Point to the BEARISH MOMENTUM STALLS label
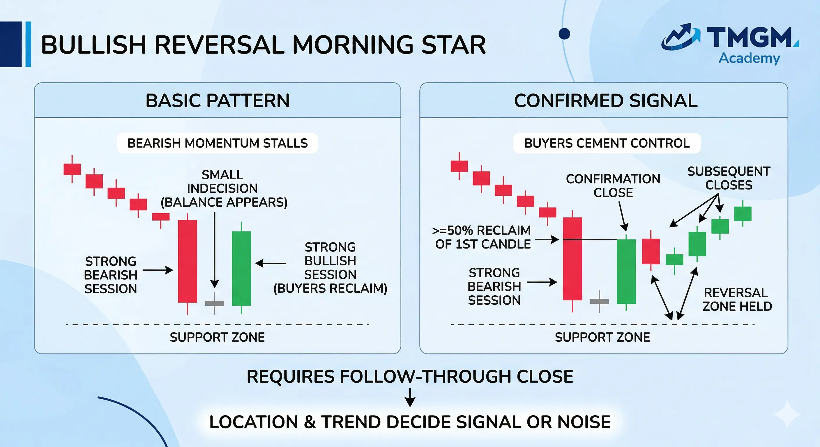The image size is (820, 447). (218, 143)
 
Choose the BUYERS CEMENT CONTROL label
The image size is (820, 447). (607, 143)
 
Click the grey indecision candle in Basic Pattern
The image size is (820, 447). (215, 304)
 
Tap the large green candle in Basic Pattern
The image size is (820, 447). (241, 268)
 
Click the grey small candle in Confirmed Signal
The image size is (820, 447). (599, 301)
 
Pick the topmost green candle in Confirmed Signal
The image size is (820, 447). (743, 214)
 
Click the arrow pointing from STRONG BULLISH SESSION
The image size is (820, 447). (271, 263)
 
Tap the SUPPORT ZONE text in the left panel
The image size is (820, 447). (218, 337)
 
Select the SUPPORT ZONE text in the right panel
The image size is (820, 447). (602, 337)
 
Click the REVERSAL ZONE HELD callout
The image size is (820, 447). (737, 299)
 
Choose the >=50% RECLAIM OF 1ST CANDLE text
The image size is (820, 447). (482, 237)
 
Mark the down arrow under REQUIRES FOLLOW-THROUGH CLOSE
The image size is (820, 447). (410, 397)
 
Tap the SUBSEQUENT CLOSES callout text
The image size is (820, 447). (729, 178)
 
